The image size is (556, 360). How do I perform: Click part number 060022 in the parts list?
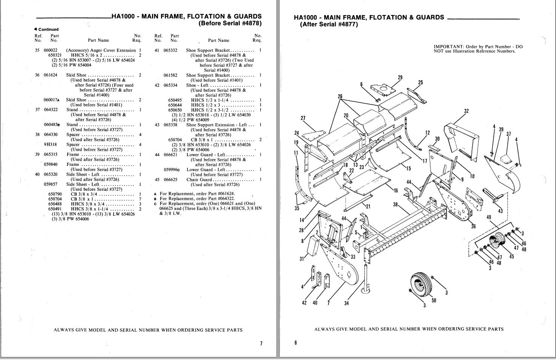[51, 50]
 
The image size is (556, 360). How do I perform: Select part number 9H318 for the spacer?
[51, 144]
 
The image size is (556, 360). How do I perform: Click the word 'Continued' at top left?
[48, 29]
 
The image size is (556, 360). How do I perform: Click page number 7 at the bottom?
[261, 343]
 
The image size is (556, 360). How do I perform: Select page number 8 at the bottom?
[296, 343]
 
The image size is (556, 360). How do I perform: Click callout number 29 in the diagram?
[400, 77]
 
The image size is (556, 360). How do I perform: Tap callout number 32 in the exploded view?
[466, 111]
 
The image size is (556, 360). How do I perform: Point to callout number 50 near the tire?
[434, 300]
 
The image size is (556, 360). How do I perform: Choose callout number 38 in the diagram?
[395, 205]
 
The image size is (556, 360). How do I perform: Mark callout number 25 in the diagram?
[420, 83]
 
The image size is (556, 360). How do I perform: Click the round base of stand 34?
[366, 291]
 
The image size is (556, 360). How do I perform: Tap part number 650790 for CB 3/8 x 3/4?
[55, 194]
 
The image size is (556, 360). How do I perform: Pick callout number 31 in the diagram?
[302, 259]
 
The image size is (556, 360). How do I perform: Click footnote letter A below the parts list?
[155, 194]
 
